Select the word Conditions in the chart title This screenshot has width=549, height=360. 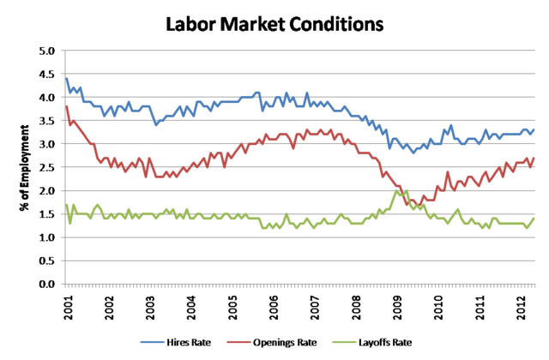pyautogui.click(x=335, y=23)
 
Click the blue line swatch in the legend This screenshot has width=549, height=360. pyautogui.click(x=152, y=342)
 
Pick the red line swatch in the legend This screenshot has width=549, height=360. pyautogui.click(x=240, y=342)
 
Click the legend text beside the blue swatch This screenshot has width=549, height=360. pyautogui.click(x=189, y=342)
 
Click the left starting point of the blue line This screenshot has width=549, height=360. pyautogui.click(x=65, y=79)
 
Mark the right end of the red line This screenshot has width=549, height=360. pyautogui.click(x=534, y=157)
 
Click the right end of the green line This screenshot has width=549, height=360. pyautogui.click(x=534, y=217)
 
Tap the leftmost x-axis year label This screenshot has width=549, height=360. pyautogui.click(x=66, y=304)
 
